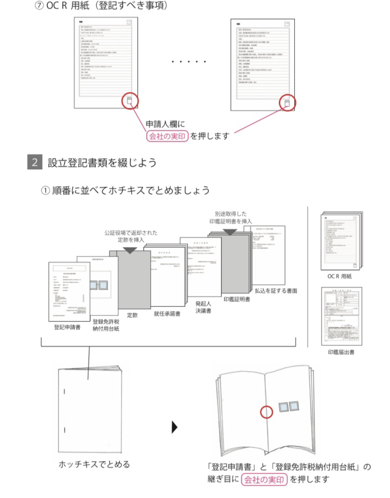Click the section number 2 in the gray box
(34, 162)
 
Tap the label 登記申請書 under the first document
(67, 327)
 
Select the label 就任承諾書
(167, 314)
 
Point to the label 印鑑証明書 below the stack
(236, 299)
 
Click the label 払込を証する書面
(276, 291)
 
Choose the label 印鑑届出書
(341, 352)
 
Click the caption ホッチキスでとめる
(94, 464)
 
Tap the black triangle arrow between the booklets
(175, 427)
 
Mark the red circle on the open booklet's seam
(266, 412)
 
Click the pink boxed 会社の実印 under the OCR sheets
(167, 136)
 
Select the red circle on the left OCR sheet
(130, 100)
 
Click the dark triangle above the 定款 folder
(130, 250)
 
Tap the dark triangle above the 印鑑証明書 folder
(230, 232)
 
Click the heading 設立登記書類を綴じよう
(102, 163)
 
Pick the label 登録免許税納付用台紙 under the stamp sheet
(106, 325)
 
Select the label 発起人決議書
(203, 307)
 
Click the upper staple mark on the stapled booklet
(64, 391)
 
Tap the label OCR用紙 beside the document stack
(339, 276)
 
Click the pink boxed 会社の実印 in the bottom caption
(264, 480)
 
